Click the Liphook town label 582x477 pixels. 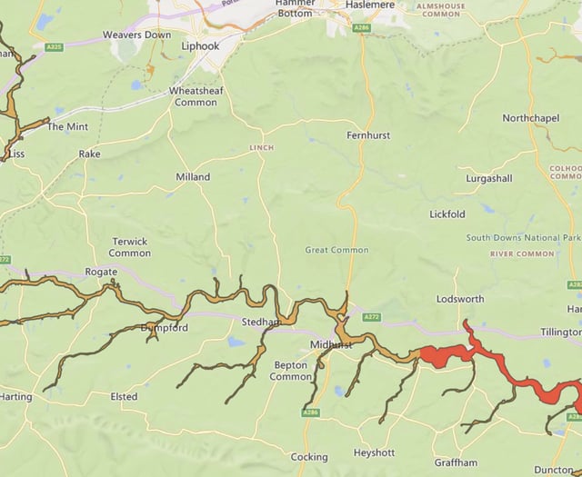click(x=200, y=45)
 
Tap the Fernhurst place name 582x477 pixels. click(x=368, y=135)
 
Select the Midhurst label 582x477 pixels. click(x=329, y=346)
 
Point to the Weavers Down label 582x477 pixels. click(x=136, y=35)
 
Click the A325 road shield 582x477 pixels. click(x=55, y=47)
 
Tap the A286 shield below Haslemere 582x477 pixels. click(x=362, y=29)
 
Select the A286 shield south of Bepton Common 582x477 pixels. click(x=311, y=412)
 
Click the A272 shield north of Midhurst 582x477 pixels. click(x=371, y=317)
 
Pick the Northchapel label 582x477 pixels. click(x=532, y=119)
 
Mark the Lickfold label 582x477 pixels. click(x=447, y=214)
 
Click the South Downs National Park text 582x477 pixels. click(x=526, y=238)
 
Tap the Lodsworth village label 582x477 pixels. click(x=460, y=299)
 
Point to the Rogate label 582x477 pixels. click(x=101, y=272)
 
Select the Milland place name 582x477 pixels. click(x=193, y=177)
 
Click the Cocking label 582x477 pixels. click(x=308, y=457)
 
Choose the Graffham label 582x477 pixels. click(x=456, y=462)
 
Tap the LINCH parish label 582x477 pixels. click(x=261, y=147)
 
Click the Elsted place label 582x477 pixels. click(x=124, y=397)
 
